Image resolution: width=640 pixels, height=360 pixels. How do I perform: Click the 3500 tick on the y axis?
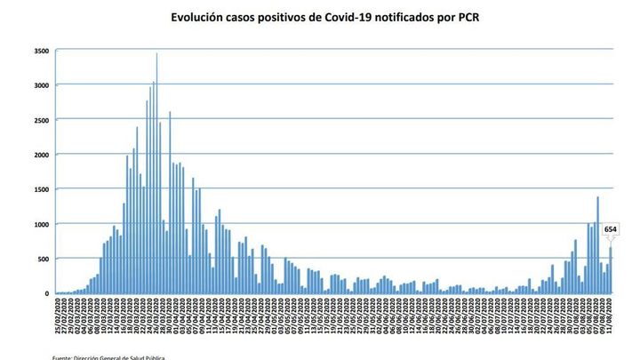tap(42, 52)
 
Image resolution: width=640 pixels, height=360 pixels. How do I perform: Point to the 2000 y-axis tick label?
tap(42, 155)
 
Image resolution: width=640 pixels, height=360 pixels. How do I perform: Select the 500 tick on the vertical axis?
tap(44, 259)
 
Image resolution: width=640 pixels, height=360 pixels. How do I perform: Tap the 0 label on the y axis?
tap(48, 293)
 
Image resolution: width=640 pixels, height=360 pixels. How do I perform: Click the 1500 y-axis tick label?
tap(42, 189)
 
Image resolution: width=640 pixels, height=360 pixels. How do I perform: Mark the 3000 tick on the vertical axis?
tap(42, 85)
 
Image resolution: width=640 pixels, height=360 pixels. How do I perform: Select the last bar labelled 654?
tap(611, 270)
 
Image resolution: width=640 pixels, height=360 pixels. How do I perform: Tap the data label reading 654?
tap(611, 230)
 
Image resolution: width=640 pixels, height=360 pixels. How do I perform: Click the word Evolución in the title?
tap(200, 17)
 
